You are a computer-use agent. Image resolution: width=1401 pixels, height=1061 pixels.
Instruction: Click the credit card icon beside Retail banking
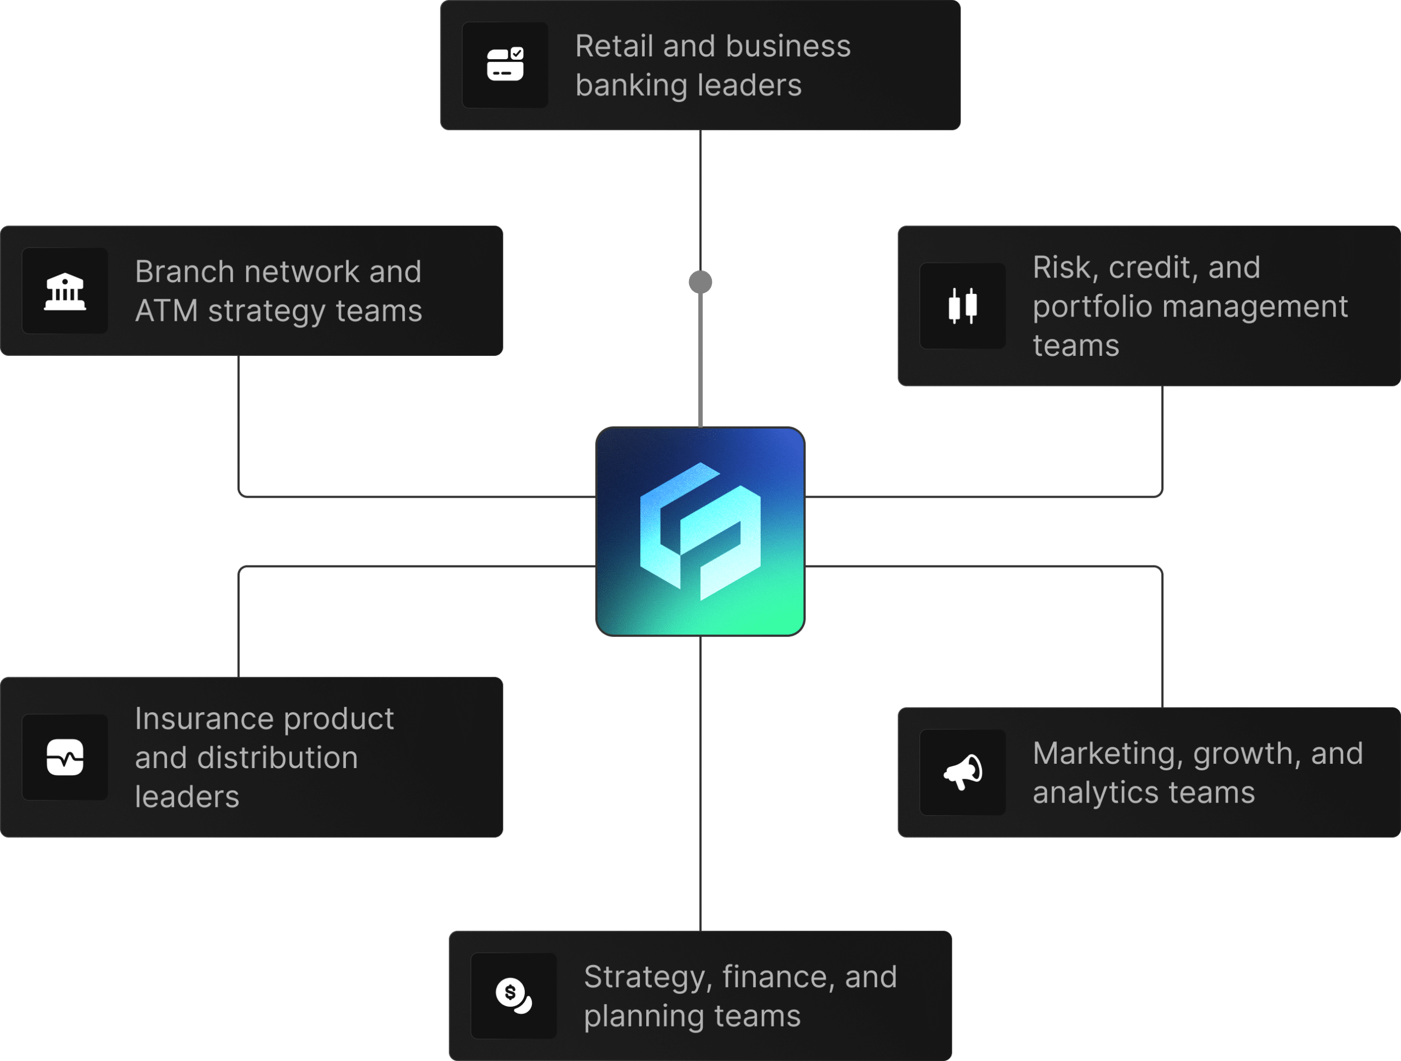pos(505,65)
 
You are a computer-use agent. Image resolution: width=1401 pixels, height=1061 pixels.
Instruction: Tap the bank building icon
pos(65,291)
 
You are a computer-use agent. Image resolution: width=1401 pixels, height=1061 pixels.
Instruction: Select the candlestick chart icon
pos(962,306)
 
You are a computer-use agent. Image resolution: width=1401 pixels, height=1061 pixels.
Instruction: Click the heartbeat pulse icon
pos(65,757)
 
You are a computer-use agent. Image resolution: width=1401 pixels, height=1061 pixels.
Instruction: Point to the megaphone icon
pos(962,772)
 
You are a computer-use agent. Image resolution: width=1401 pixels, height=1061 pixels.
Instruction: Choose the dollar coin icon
pos(513,996)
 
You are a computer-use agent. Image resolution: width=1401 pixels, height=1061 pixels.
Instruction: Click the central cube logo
pos(700,532)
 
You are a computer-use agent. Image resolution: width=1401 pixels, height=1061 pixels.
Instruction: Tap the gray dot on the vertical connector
pos(700,282)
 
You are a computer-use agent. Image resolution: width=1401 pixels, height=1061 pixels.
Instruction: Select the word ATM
pos(166,311)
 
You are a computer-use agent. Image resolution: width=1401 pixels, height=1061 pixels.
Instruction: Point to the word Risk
pos(1066,267)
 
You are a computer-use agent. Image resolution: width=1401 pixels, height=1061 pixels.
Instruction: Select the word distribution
pos(277,758)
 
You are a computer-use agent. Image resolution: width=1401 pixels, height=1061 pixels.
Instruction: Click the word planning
pos(644,1016)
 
